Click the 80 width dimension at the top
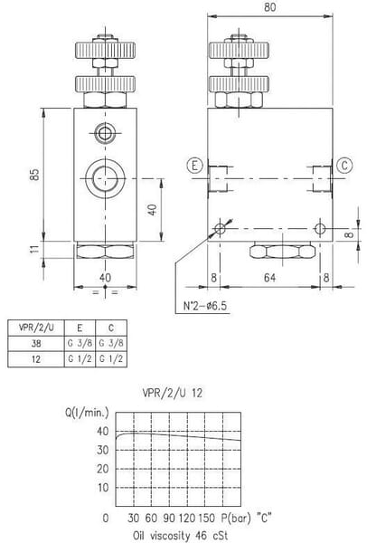(x=269, y=7)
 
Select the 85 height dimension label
(x=34, y=174)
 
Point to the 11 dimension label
(x=34, y=249)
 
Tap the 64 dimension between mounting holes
(x=269, y=278)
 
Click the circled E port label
(x=194, y=166)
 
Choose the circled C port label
(x=344, y=166)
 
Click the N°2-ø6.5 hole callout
(x=205, y=306)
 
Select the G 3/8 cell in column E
(x=80, y=343)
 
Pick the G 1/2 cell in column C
(x=111, y=358)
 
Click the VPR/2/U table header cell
(x=36, y=328)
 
